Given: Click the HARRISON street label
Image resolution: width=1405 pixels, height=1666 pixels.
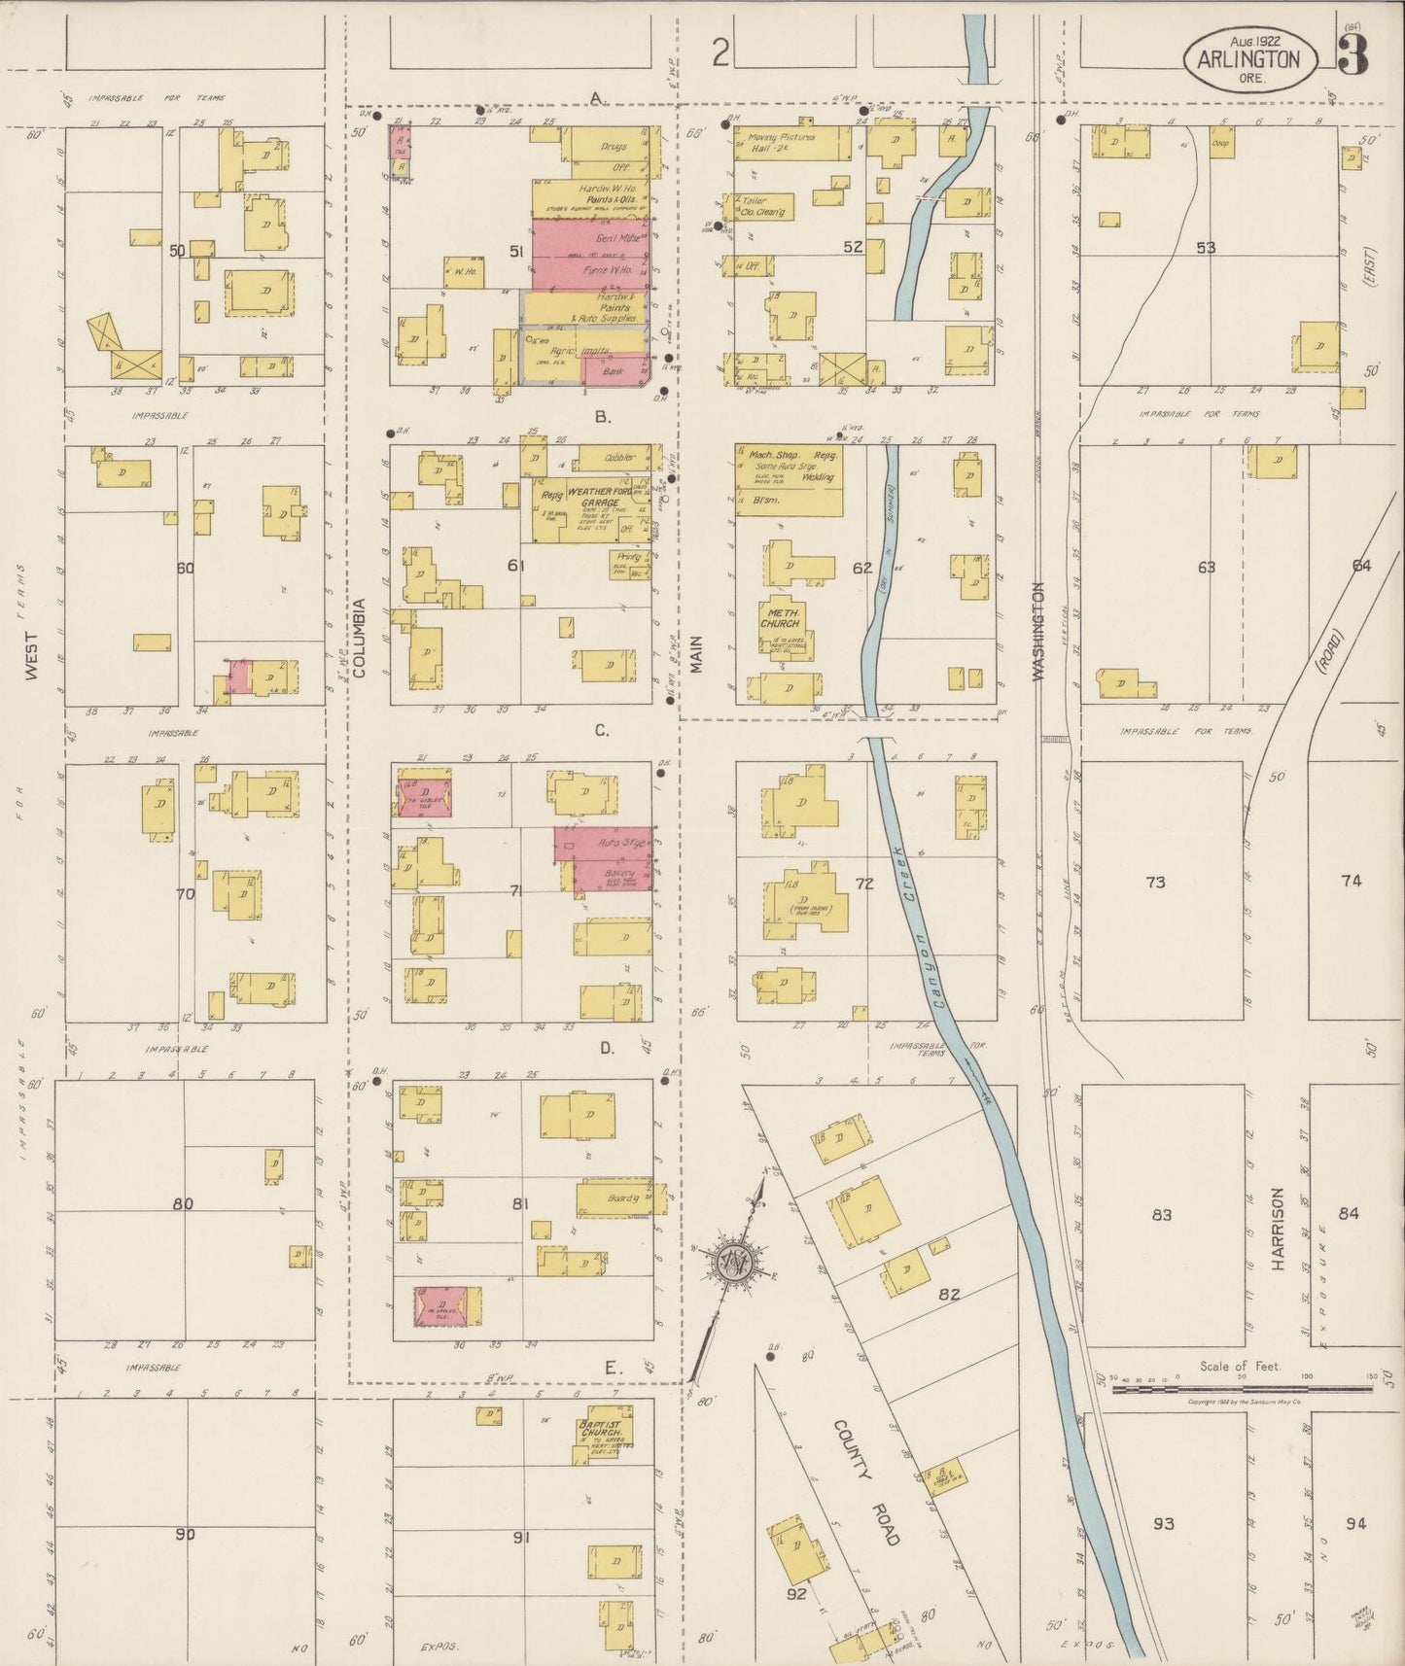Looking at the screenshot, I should click(1278, 1229).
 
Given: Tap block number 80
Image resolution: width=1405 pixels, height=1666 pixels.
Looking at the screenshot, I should click(183, 1204).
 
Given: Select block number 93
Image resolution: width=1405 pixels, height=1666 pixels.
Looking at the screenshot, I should click(1163, 1523).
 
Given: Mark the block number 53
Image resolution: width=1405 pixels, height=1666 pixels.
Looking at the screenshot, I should click(1206, 248).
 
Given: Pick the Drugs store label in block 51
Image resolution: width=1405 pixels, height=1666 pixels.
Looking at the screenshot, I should click(614, 147).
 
